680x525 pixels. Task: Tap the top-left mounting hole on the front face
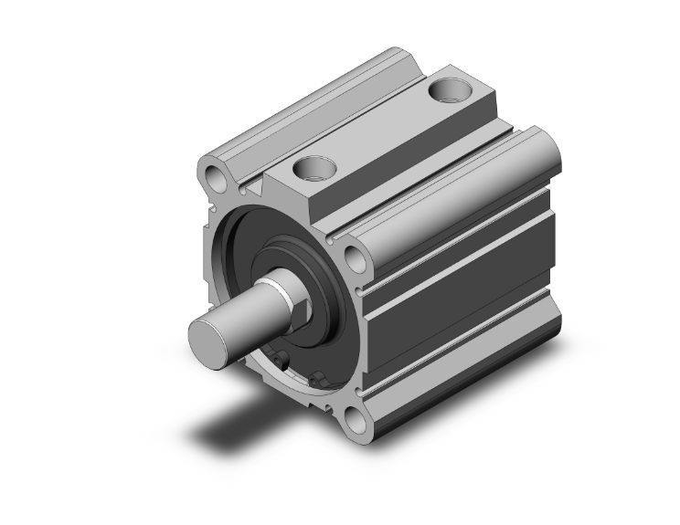pyautogui.click(x=215, y=175)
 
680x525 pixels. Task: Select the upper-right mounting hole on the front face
pyautogui.click(x=355, y=257)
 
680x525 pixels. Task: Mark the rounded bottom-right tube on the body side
pyautogui.click(x=475, y=365)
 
